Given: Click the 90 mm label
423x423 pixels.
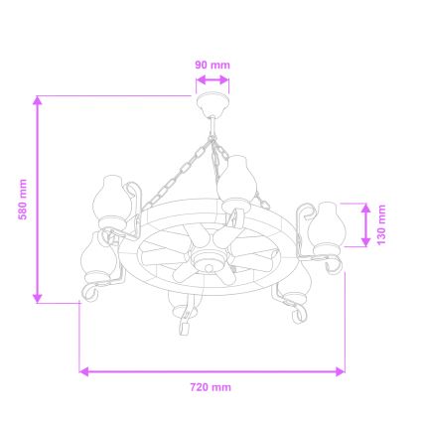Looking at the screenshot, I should (212, 65).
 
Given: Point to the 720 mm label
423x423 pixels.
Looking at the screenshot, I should (210, 386).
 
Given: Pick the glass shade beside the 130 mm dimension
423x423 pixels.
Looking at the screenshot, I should (327, 225).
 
